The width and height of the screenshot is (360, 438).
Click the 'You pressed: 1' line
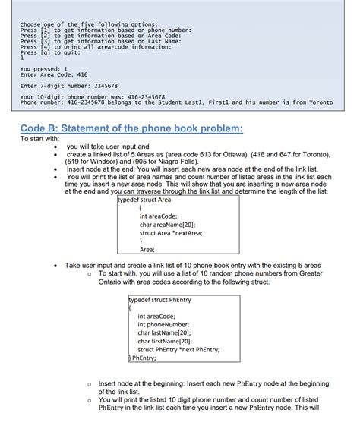click(x=46, y=69)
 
